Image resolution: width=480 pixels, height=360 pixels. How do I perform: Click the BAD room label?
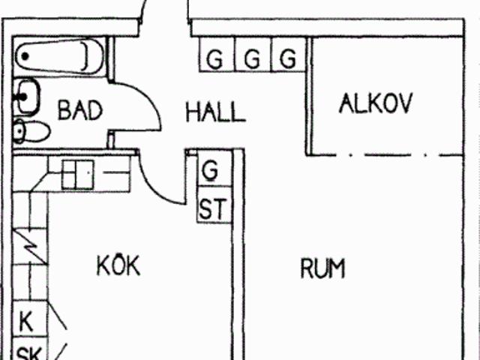pyautogui.click(x=80, y=110)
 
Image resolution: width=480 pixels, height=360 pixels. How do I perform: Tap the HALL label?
pyautogui.click(x=215, y=112)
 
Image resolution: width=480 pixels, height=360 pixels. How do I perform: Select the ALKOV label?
pyautogui.click(x=376, y=103)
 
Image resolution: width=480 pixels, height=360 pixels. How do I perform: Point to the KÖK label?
pyautogui.click(x=118, y=265)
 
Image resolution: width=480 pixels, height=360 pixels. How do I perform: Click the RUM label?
pyautogui.click(x=322, y=268)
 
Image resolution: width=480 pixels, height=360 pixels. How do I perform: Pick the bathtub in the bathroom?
pyautogui.click(x=59, y=57)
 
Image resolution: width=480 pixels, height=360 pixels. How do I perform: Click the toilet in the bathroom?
pyautogui.click(x=31, y=131)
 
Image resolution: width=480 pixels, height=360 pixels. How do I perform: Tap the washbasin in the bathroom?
pyautogui.click(x=27, y=97)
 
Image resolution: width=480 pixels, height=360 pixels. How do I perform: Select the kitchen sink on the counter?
pyautogui.click(x=78, y=175)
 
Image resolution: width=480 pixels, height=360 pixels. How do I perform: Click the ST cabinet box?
pyautogui.click(x=214, y=205)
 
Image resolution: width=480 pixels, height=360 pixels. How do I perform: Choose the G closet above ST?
pyautogui.click(x=214, y=168)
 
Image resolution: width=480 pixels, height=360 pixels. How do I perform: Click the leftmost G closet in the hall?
pyautogui.click(x=217, y=55)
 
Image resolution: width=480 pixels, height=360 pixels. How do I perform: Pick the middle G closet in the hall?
pyautogui.click(x=253, y=55)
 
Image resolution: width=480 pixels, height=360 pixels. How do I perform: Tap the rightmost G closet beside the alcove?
pyautogui.click(x=289, y=55)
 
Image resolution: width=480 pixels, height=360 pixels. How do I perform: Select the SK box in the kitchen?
pyautogui.click(x=30, y=349)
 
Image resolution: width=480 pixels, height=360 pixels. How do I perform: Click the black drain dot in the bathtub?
pyautogui.click(x=25, y=56)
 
